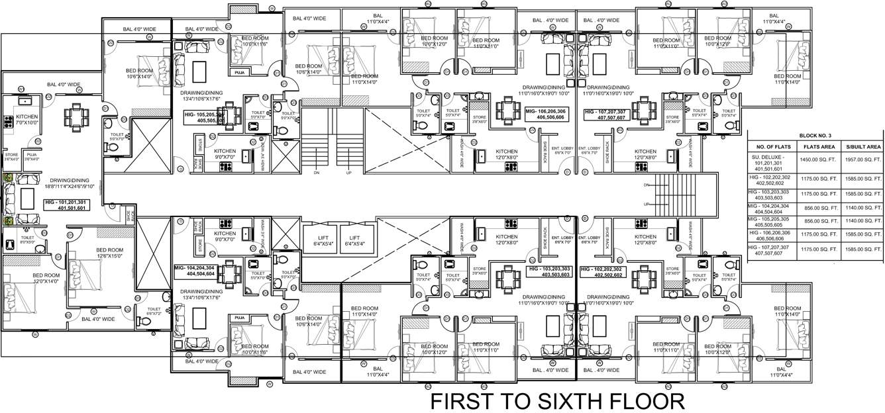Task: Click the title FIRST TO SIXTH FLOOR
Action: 557,401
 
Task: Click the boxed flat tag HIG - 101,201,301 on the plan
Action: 65,205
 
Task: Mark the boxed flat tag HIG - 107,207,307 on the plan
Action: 608,114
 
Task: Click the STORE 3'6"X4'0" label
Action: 11,157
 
